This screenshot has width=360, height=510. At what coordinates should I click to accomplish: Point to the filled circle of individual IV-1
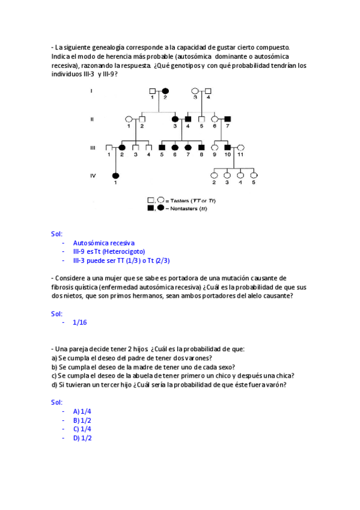coord(116,176)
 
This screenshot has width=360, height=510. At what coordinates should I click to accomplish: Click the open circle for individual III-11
coord(240,147)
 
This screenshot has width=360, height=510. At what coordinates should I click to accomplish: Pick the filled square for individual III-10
coord(228,147)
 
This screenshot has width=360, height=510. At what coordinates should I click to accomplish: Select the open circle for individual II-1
coord(129,119)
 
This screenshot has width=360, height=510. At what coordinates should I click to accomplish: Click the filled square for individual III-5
coord(162,147)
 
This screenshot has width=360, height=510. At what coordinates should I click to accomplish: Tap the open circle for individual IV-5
coord(254,176)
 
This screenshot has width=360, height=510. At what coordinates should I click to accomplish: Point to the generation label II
coord(91,119)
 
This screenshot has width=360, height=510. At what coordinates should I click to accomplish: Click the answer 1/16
coord(79,322)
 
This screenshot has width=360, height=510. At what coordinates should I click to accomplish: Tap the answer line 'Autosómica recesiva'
coord(104,242)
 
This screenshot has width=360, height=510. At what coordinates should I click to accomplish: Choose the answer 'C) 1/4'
coord(82,429)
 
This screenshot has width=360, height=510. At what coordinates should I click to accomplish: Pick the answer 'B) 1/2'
coord(82,420)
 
